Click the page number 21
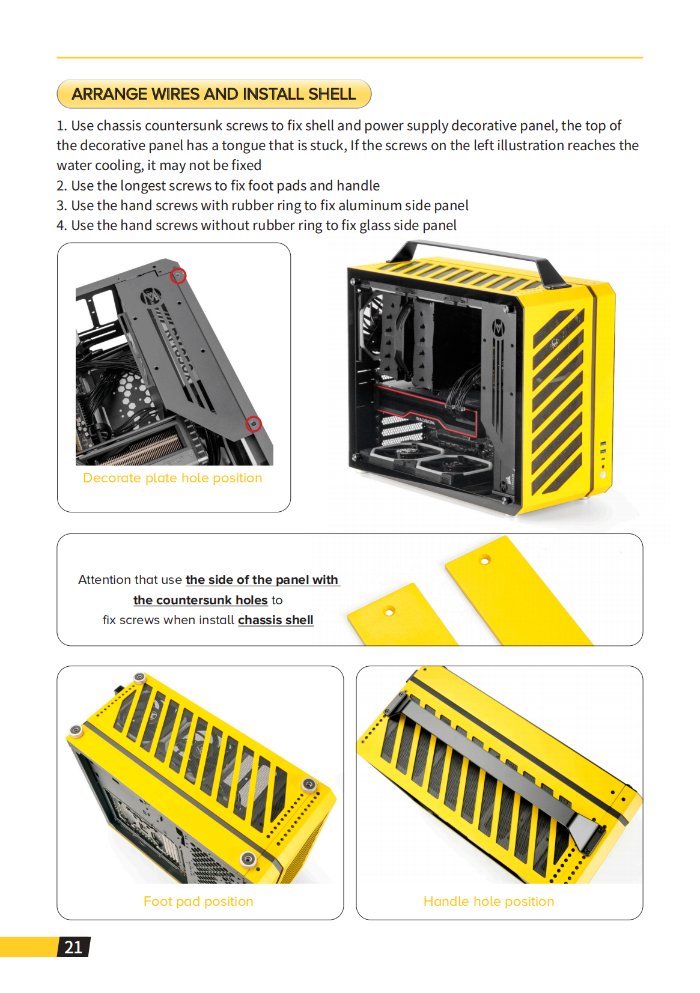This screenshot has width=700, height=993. pos(73,947)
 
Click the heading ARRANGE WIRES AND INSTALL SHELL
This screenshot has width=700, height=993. pos(214,94)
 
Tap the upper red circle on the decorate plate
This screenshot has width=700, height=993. pos(178,276)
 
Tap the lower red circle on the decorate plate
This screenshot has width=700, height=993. pos(254,424)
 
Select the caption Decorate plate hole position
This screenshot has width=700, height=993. pos(172,478)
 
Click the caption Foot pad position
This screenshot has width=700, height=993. pos(198,901)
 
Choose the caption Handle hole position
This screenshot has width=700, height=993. pos(488,901)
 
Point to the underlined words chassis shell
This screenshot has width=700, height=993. pos(276,620)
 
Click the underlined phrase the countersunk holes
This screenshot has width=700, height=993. pos(200,600)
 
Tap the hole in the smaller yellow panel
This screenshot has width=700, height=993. pos(389,612)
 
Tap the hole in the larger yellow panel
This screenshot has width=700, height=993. pos(485,560)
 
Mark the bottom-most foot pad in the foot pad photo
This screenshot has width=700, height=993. pos(248,858)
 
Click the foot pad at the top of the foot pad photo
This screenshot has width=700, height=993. pos(140,678)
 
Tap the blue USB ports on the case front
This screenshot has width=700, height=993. pos(603,448)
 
